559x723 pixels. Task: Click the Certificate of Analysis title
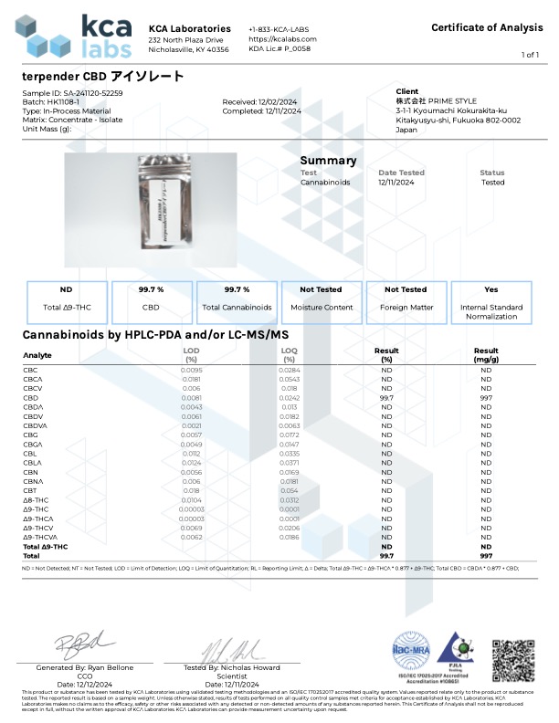pos(487,27)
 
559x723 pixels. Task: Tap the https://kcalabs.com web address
pos(282,39)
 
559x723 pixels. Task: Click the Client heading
pos(407,91)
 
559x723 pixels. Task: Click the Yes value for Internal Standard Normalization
pos(491,289)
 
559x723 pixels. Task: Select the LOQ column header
pos(290,351)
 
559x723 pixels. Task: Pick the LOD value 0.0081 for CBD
pos(191,398)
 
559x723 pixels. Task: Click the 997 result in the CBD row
pos(486,398)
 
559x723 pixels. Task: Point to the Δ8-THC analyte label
pos(35,501)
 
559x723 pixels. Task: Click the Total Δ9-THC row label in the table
pos(45,546)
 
